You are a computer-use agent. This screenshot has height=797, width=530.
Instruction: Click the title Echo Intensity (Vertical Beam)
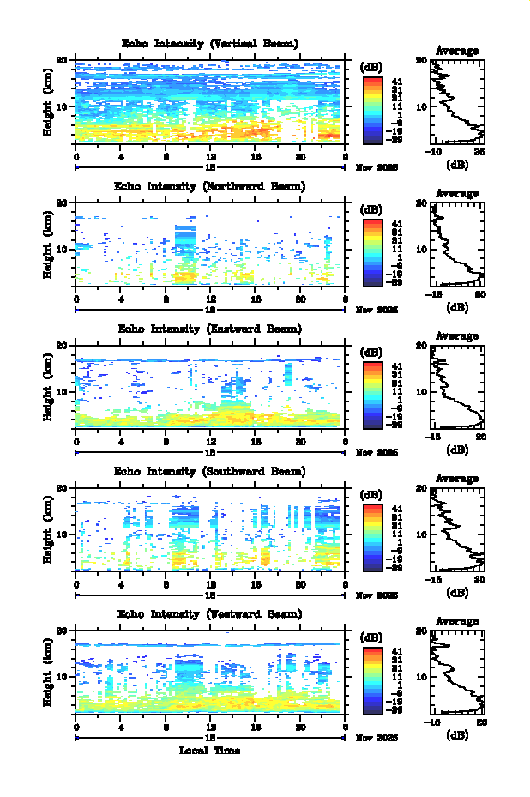coord(209,44)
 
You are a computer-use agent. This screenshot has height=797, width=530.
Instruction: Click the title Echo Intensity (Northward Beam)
coord(209,186)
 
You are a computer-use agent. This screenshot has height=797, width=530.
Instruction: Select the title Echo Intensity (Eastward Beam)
coord(209,329)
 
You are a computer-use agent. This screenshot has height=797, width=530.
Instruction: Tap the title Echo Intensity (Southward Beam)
coord(209,471)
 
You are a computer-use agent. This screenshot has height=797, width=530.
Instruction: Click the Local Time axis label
coord(209,751)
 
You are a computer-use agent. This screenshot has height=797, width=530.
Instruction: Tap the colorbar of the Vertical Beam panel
coord(372,109)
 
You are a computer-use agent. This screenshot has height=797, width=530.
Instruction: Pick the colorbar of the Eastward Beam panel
coord(372,394)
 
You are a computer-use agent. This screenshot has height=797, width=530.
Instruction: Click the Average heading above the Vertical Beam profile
coord(457,51)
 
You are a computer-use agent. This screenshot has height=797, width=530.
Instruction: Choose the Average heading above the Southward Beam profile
coord(457,478)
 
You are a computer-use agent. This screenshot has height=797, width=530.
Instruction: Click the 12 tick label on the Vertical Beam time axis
coord(210,157)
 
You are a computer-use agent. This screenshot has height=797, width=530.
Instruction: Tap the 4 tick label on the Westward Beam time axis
coord(122,727)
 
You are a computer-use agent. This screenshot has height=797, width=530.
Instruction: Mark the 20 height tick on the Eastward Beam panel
coord(62,346)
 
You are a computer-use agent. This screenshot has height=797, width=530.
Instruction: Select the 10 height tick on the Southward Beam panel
coord(62,534)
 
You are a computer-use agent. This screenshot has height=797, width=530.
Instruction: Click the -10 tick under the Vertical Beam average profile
coord(435,152)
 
